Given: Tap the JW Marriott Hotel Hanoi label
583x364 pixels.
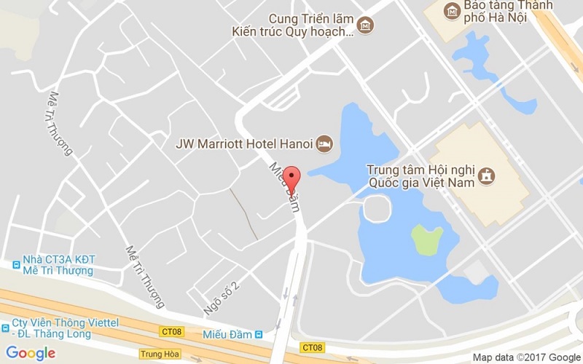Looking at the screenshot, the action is [x=244, y=143].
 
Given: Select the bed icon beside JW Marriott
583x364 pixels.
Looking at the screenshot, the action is [x=324, y=143].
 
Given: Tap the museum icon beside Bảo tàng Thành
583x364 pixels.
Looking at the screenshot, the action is [x=453, y=11].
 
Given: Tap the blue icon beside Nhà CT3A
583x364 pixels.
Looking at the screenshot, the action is [x=15, y=264].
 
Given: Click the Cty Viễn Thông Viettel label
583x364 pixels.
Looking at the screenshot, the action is [x=51, y=328].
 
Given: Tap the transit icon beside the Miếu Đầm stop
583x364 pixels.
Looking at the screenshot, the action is [x=259, y=334].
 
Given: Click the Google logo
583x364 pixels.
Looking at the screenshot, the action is [x=31, y=353].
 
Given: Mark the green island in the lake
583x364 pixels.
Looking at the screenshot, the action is [x=426, y=240].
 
